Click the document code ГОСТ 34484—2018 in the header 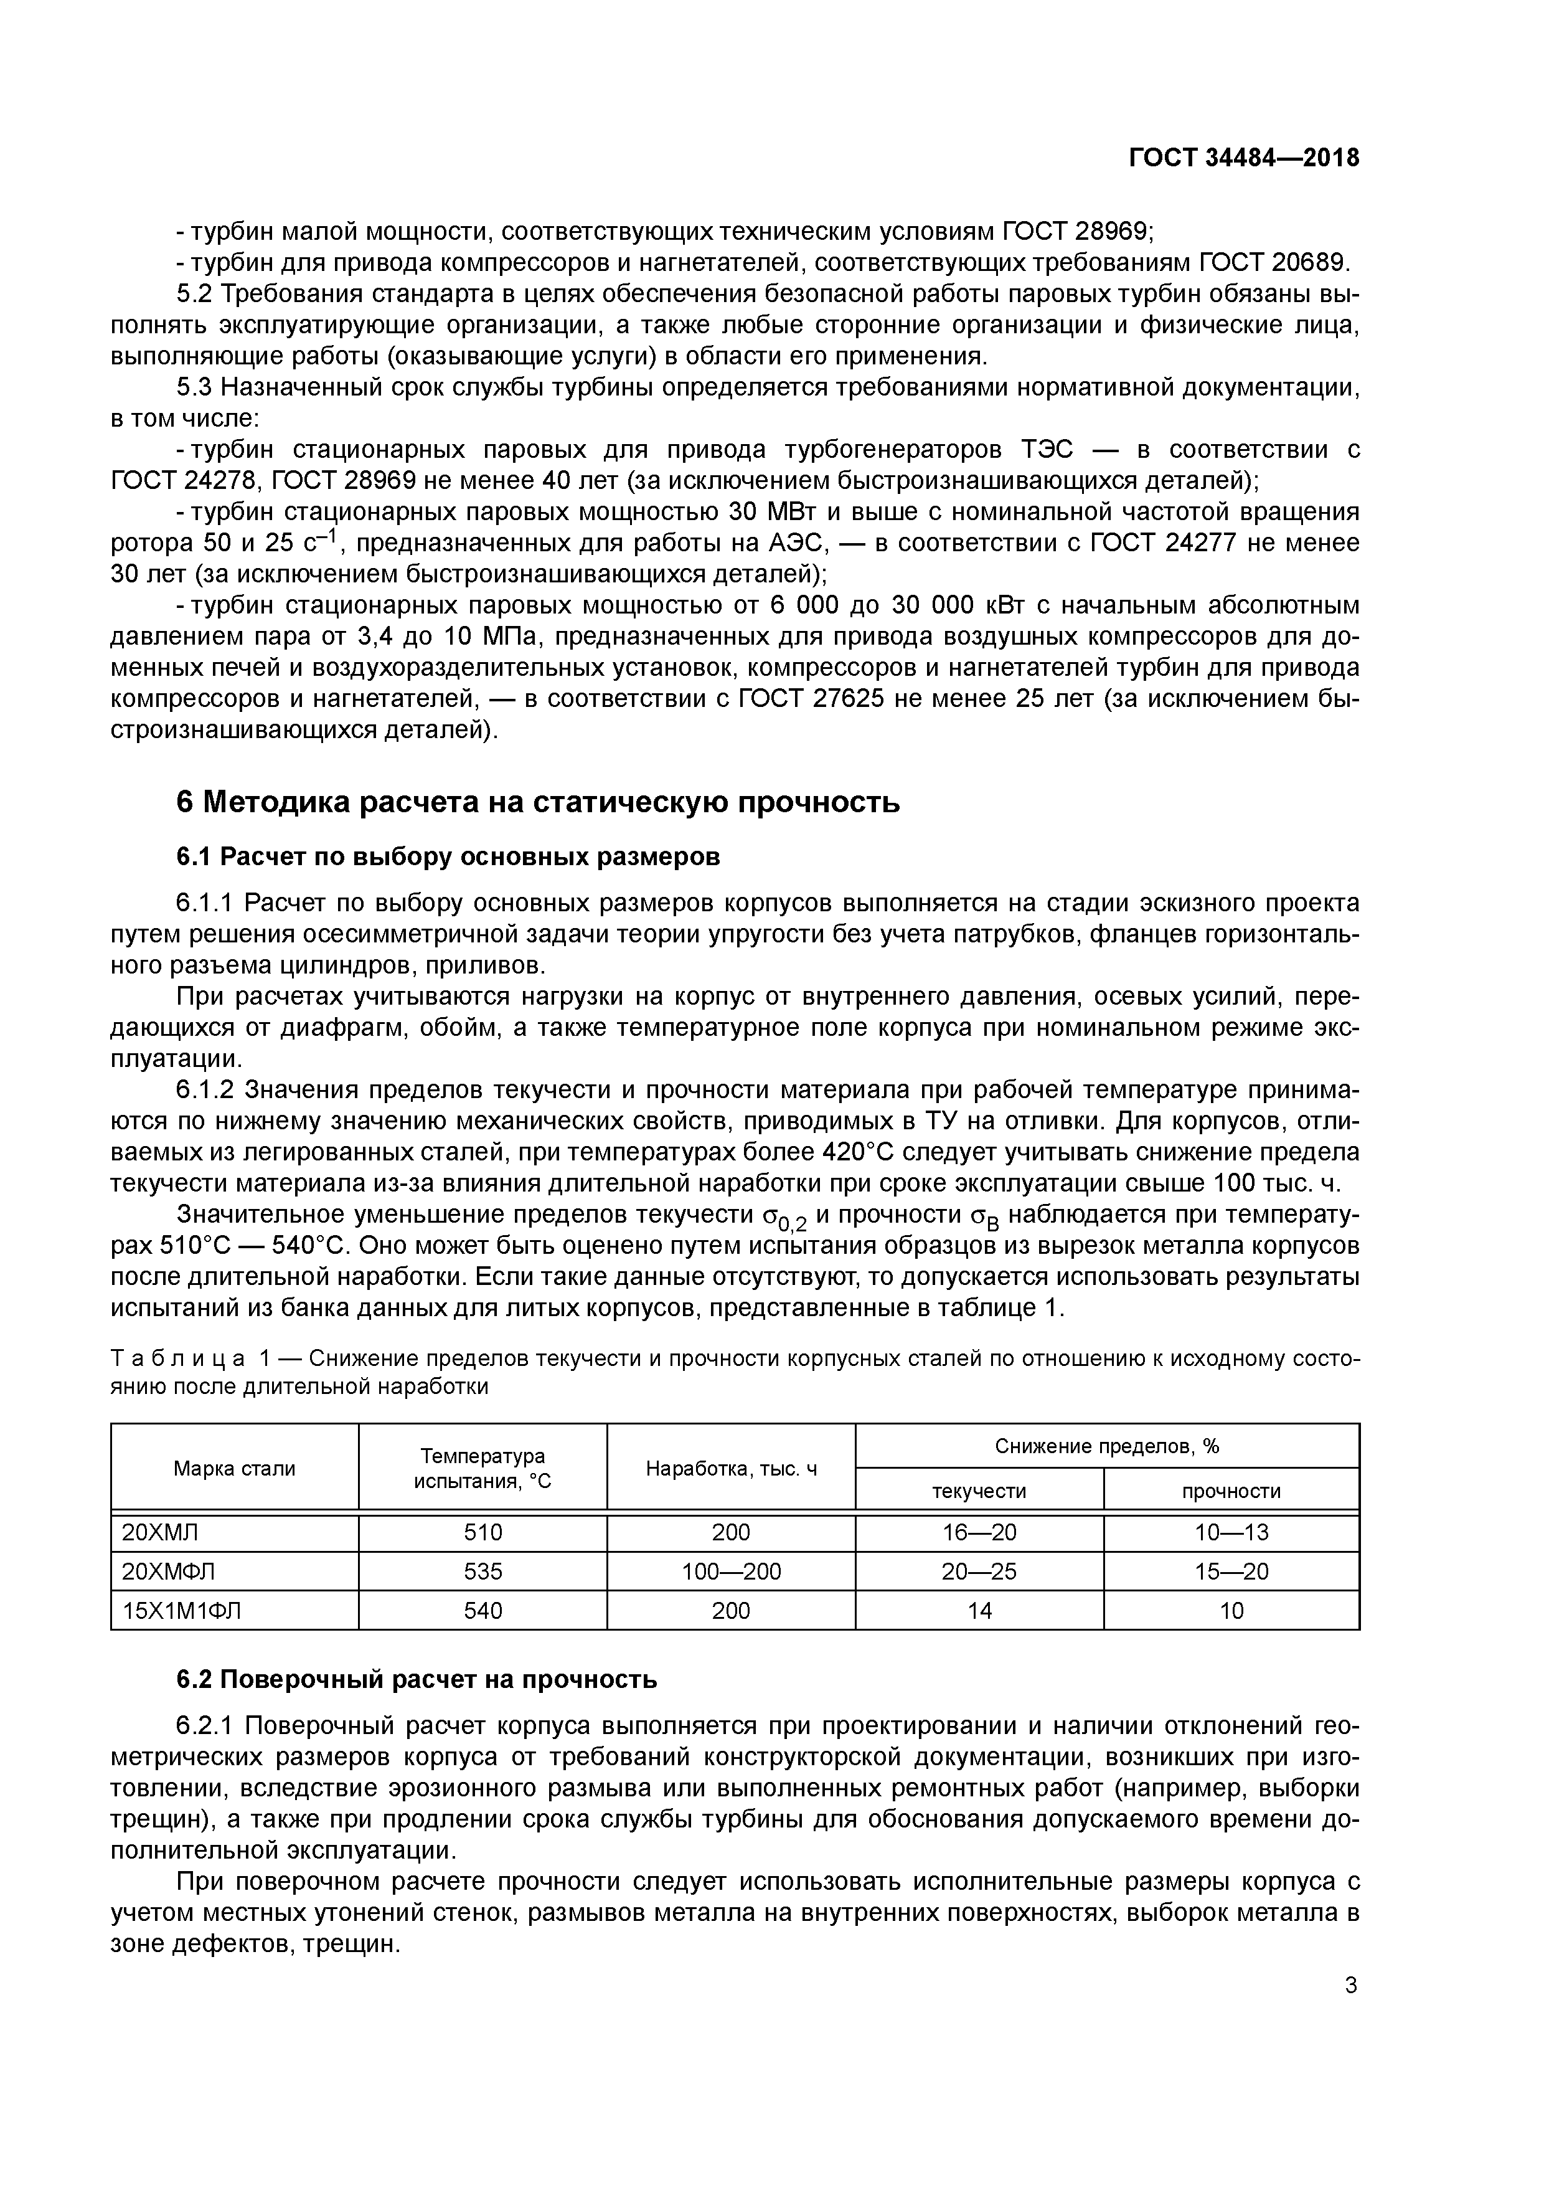click(1243, 158)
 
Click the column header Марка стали click(234, 1469)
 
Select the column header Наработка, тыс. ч click(731, 1469)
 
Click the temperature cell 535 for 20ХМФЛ click(482, 1571)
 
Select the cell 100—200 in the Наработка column click(731, 1571)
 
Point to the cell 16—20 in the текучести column click(979, 1532)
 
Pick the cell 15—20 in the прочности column click(1231, 1571)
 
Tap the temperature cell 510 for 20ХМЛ click(482, 1532)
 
